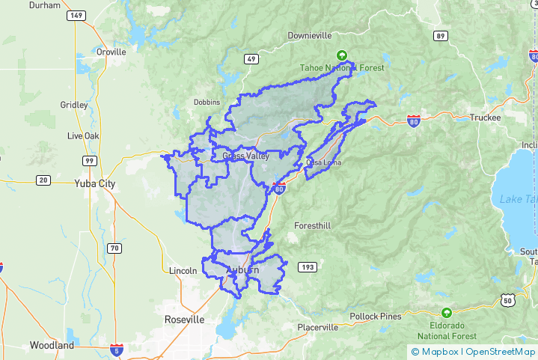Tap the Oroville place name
pos(111,52)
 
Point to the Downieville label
pos(314,36)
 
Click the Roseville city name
pos(184,319)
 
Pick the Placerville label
pos(318,327)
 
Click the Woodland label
pos(52,345)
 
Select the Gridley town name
pos(74,105)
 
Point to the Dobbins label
pos(207,102)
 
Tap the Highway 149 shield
pos(76,15)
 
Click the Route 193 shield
pos(308,267)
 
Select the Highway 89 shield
pos(441,36)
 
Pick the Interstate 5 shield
pos(116,349)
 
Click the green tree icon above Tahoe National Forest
pos(342,55)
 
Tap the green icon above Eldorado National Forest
pos(447,312)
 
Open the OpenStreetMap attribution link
pos(501,351)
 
